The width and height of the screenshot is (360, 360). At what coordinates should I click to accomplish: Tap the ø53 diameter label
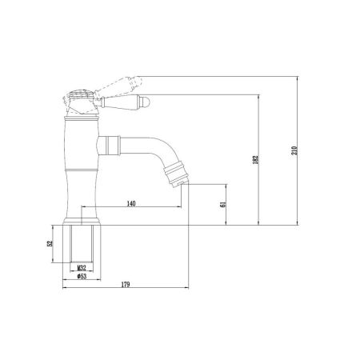click(x=81, y=277)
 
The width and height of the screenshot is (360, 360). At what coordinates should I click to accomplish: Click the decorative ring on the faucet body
click(x=81, y=171)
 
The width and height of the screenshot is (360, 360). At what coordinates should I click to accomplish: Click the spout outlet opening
click(x=185, y=182)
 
